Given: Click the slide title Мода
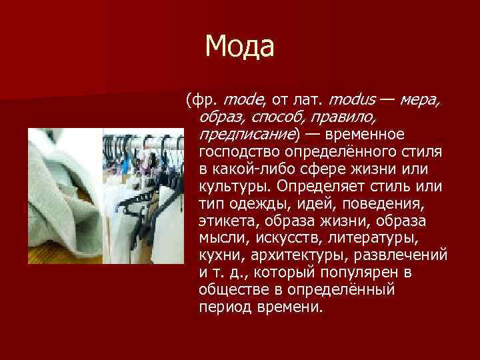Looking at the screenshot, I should tap(240, 46).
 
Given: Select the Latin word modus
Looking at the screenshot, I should tap(351, 101).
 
